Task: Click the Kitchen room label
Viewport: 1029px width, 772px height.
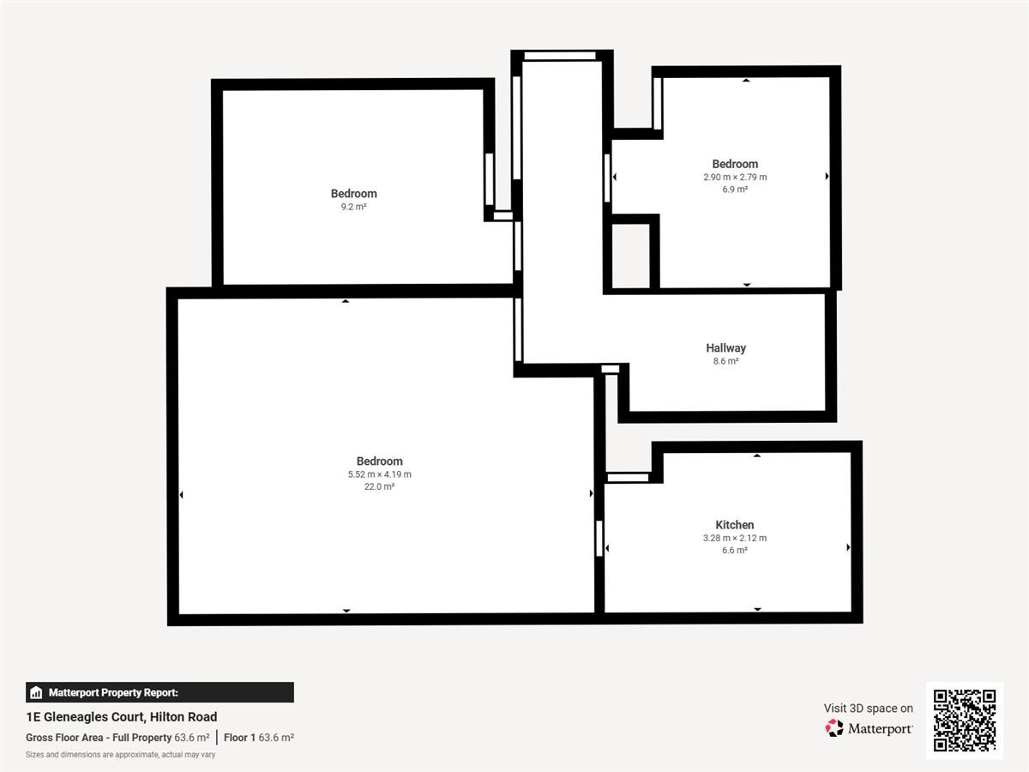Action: tap(735, 525)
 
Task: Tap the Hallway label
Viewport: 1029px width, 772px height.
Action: tap(725, 348)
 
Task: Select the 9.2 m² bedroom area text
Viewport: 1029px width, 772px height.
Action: tap(353, 208)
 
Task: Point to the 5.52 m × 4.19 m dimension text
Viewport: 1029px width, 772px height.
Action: tap(379, 474)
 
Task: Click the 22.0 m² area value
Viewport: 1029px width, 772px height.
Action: tap(379, 486)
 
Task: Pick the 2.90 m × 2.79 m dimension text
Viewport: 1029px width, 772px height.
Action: tap(735, 178)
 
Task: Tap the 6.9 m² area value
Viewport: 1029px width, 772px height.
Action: tap(735, 190)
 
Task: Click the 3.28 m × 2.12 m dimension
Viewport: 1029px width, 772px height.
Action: tap(735, 538)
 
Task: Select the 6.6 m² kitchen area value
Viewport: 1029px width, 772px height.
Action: tap(735, 551)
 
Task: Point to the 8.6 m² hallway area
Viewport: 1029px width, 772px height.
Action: tap(725, 361)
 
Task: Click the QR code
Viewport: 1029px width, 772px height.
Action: tap(965, 720)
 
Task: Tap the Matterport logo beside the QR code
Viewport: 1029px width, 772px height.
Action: tap(869, 728)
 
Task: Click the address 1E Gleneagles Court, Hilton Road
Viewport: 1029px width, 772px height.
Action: tap(122, 717)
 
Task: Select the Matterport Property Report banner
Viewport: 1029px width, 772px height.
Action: tap(159, 692)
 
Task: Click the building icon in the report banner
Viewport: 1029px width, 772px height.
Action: tap(36, 692)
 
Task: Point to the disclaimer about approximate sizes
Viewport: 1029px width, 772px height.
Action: tap(121, 755)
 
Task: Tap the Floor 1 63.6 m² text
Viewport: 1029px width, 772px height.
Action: tap(259, 738)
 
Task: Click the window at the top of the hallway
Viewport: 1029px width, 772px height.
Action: tap(560, 57)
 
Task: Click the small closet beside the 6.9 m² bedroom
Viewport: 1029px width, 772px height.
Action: tap(631, 256)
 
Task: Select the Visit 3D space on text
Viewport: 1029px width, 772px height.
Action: tap(868, 709)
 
